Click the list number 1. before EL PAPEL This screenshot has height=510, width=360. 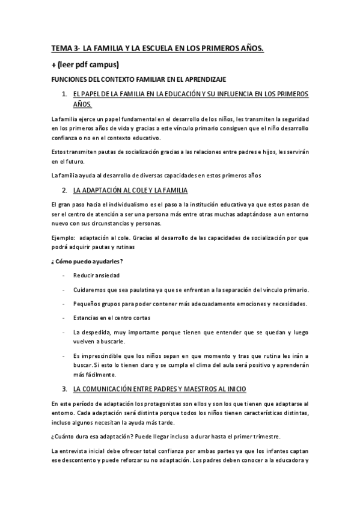tap(64, 94)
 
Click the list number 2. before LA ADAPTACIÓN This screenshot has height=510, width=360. tap(64, 191)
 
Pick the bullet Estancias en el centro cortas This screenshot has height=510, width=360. tap(112, 318)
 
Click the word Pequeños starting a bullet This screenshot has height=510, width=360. tap(88, 304)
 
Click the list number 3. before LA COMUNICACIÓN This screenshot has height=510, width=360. tap(64, 389)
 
